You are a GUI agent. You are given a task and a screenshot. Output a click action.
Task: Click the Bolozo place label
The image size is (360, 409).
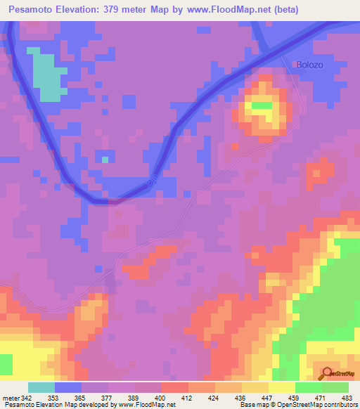309,65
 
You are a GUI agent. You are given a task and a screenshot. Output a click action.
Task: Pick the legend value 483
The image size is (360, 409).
347,398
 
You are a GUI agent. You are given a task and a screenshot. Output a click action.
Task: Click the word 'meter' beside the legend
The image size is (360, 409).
11,398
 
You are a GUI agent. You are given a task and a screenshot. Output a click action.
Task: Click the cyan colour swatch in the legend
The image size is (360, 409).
41,388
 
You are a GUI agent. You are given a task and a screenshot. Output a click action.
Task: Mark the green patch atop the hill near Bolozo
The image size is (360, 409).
262,106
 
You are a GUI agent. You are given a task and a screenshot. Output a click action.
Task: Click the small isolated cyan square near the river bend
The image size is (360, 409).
105,160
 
